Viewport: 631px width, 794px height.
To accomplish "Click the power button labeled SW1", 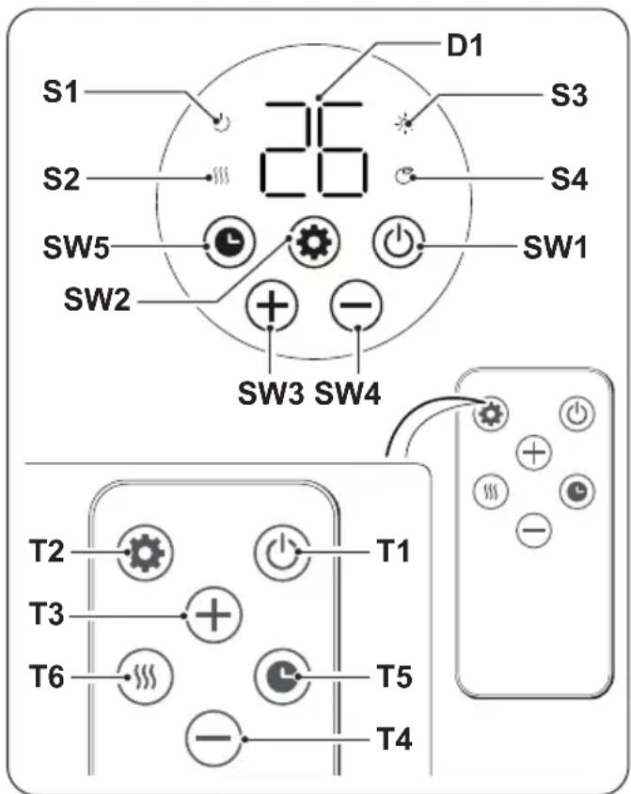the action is [399, 241].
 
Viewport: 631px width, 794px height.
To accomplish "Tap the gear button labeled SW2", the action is [314, 241].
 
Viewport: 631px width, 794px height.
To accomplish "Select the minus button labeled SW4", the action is [355, 304].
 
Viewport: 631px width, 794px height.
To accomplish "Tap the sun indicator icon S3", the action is [405, 123].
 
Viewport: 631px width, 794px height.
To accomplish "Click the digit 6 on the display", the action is [340, 148].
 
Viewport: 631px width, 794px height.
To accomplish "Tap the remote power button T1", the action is [282, 552].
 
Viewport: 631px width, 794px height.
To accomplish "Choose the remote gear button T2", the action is [145, 552].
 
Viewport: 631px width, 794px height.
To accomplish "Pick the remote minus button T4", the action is [213, 738].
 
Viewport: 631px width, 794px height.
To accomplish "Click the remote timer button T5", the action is [282, 677].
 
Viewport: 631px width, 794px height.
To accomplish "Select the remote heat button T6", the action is [145, 677].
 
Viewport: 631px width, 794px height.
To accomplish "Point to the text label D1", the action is [465, 46].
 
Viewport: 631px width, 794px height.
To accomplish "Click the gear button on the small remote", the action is [489, 414].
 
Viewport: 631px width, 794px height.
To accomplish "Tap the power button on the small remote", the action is [577, 414].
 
